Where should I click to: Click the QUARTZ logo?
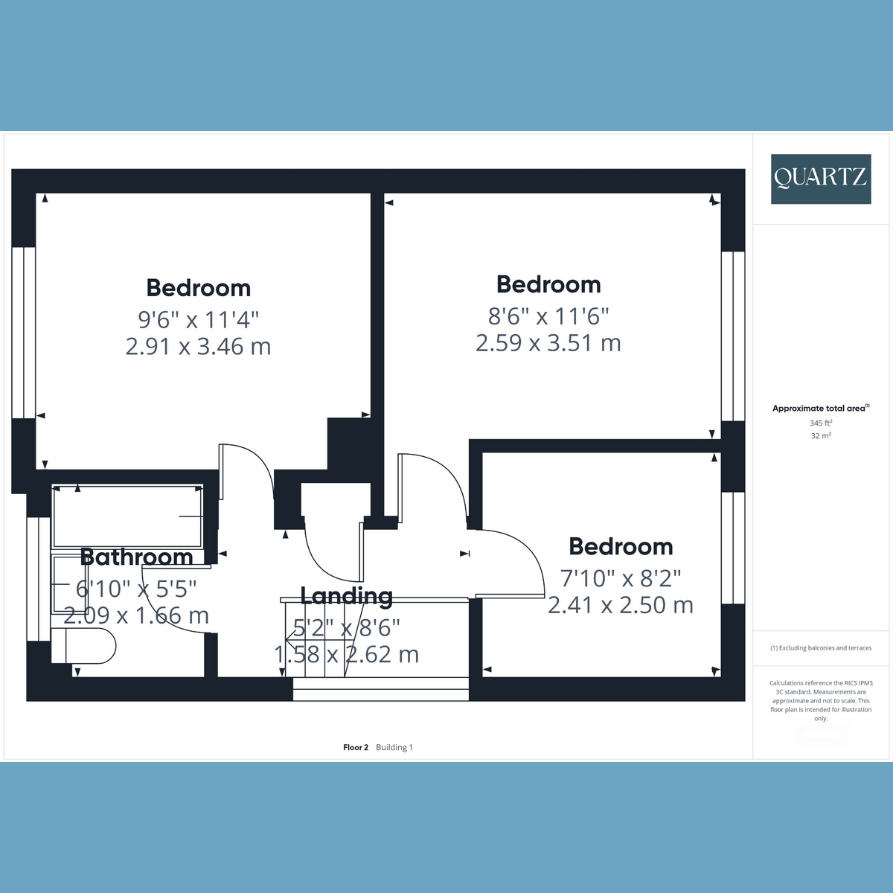(x=821, y=179)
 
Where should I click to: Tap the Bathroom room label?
(x=137, y=557)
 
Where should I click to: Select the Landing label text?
(x=347, y=596)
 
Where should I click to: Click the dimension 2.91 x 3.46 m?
(x=199, y=347)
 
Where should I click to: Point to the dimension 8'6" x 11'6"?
(x=548, y=316)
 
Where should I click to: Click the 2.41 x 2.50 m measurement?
(x=621, y=605)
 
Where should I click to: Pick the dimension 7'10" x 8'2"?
(x=621, y=578)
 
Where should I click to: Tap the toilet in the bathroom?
(x=83, y=646)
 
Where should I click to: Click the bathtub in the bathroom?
(x=127, y=516)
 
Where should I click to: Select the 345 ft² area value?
(x=821, y=423)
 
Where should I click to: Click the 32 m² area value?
(x=821, y=435)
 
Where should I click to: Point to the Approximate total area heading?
(x=821, y=409)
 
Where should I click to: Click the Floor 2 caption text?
(x=356, y=747)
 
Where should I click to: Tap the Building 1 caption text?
(x=394, y=747)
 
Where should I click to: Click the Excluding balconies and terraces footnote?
(x=821, y=648)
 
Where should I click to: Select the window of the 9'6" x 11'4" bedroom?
(x=24, y=332)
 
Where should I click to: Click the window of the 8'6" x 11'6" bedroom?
(x=733, y=336)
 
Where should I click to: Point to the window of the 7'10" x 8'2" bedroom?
(x=733, y=548)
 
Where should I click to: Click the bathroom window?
(x=39, y=579)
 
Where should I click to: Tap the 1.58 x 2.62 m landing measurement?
(x=347, y=654)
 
